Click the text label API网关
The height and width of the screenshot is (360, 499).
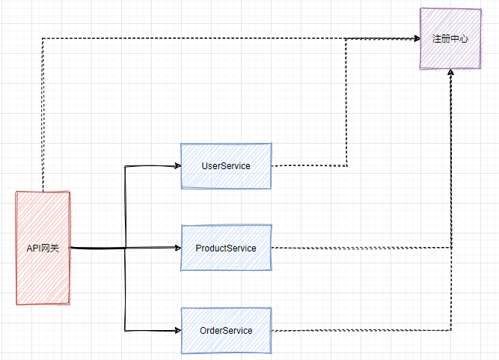[43, 248]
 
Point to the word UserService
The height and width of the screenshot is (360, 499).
[226, 165]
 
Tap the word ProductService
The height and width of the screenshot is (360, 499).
[226, 248]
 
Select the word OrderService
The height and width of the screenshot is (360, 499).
[226, 330]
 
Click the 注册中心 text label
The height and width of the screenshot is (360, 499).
[450, 38]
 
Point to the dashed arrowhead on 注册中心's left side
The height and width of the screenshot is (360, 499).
[415, 38]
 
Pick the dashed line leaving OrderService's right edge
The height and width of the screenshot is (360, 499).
[359, 330]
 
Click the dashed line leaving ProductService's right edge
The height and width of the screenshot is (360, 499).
[359, 248]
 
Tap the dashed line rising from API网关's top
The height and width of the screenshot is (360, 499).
[43, 112]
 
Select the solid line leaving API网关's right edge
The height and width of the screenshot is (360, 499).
[97, 248]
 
